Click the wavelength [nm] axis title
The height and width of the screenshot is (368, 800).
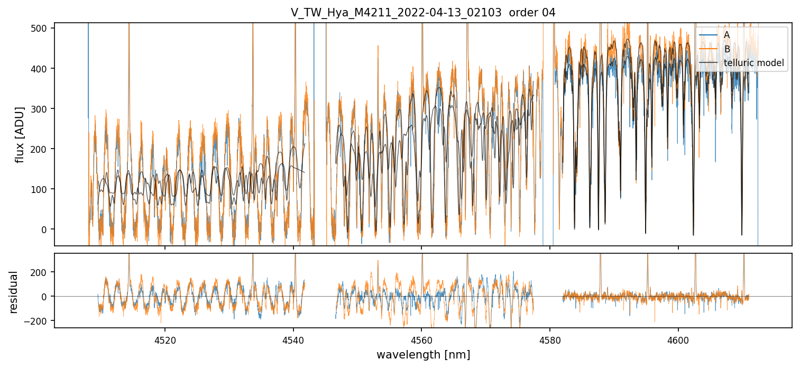click(x=423, y=354)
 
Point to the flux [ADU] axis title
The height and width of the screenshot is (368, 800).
click(x=20, y=134)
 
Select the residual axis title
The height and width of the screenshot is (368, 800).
click(x=13, y=291)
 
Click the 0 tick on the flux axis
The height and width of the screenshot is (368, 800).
click(x=47, y=229)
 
